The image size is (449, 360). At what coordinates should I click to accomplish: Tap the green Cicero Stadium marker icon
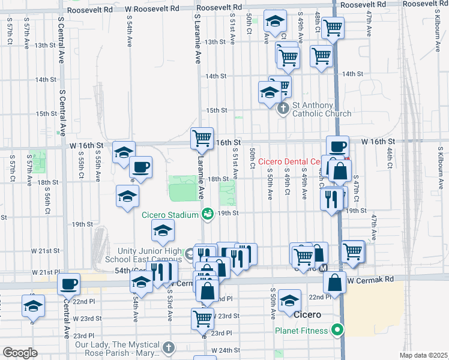(208, 214)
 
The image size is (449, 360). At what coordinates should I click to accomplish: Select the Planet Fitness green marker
(337, 329)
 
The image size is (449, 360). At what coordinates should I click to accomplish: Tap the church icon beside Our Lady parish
(169, 347)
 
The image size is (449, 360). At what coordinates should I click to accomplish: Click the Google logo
(20, 352)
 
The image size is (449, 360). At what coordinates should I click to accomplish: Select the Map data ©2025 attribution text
(423, 355)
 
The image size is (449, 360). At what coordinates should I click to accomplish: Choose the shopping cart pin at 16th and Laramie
(202, 138)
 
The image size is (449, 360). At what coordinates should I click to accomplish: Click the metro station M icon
(324, 268)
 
